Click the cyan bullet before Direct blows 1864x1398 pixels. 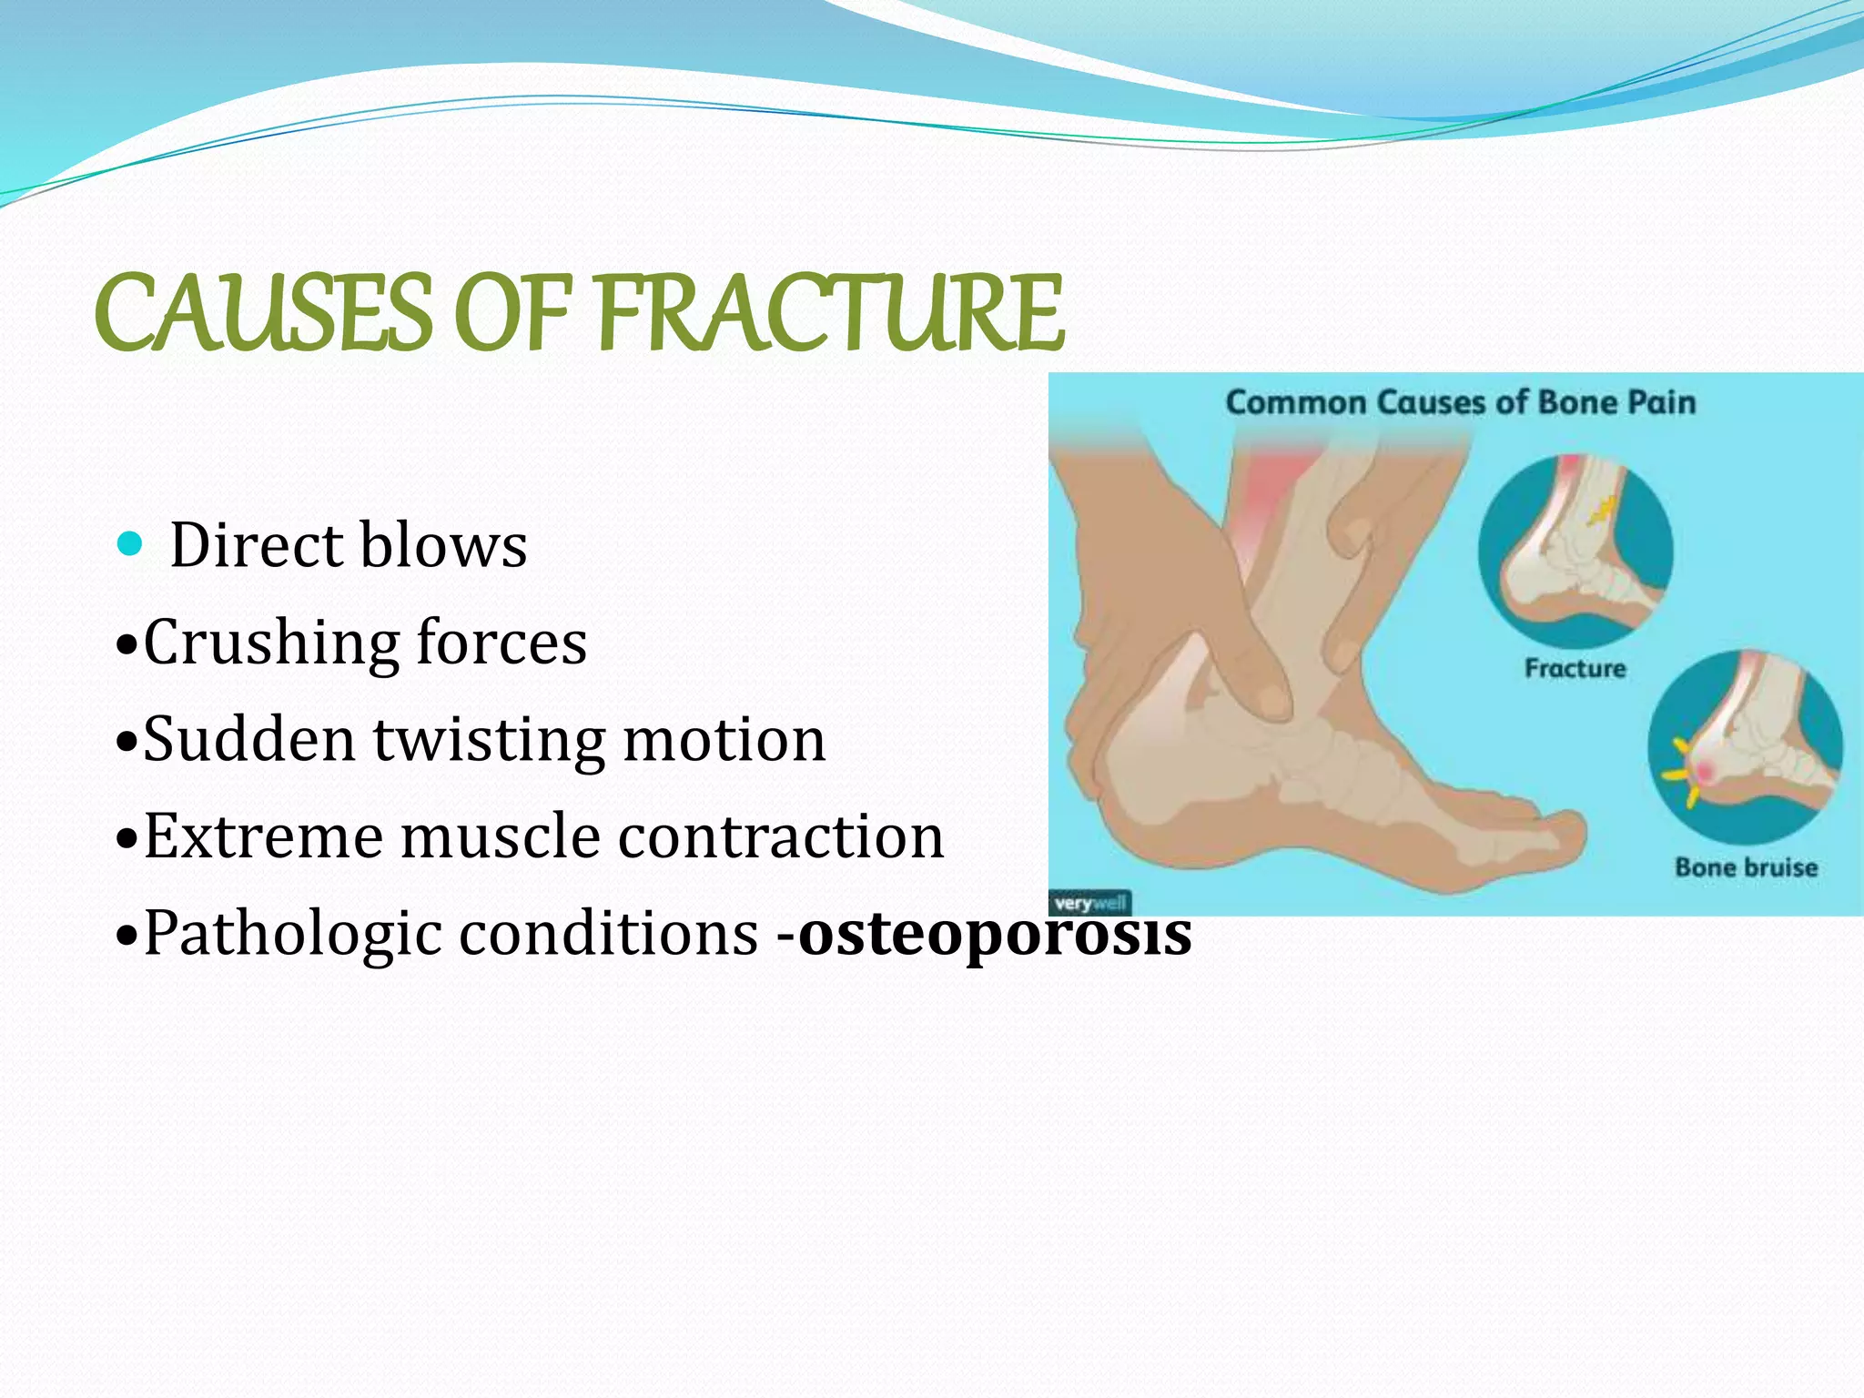(x=131, y=544)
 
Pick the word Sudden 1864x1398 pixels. (x=249, y=740)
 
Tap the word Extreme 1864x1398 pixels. (x=263, y=836)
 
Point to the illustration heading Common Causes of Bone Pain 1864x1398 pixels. (x=1460, y=402)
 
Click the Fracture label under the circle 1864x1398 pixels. (x=1575, y=669)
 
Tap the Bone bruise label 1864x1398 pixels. (x=1746, y=867)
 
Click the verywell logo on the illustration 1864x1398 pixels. (x=1090, y=904)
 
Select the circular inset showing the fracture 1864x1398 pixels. (x=1575, y=551)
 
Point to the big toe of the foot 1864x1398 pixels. (x=1547, y=833)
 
